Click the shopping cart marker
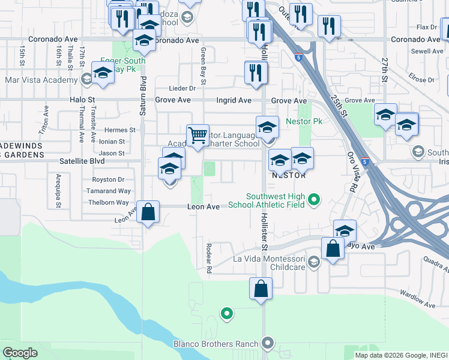point(197,136)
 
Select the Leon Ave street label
point(203,206)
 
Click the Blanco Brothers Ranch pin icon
point(268,344)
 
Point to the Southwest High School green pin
point(313,200)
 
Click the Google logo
point(20,353)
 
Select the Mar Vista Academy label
point(41,80)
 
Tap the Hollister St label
point(264,230)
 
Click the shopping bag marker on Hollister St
point(261,288)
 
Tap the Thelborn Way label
point(108,202)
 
